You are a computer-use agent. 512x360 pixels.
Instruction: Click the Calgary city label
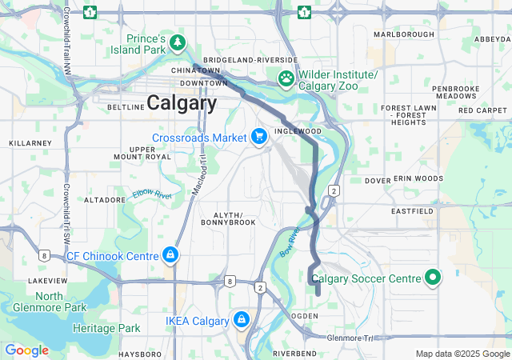(181, 103)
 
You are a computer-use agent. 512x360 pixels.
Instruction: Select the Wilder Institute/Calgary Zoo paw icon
(286, 78)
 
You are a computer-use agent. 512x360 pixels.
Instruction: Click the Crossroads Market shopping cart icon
(259, 138)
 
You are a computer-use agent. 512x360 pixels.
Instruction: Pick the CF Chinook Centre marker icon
(170, 256)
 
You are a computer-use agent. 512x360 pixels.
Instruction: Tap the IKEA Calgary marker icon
(241, 321)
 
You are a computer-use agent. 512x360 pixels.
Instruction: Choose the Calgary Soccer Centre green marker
(434, 278)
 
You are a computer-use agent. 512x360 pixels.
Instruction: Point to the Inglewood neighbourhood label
(298, 130)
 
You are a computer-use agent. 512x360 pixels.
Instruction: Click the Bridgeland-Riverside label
(250, 60)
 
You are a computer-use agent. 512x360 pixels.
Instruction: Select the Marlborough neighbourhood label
(404, 34)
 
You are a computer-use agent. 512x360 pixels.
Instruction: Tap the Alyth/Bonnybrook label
(234, 218)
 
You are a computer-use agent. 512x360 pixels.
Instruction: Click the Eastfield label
(412, 211)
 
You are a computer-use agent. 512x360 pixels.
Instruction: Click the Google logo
(27, 350)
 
